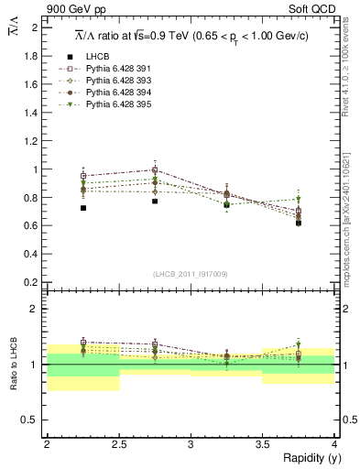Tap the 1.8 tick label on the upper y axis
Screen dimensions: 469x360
31,56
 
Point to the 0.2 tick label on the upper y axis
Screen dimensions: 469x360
31,282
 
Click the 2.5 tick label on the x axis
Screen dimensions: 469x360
119,444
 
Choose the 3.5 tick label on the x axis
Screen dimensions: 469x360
263,444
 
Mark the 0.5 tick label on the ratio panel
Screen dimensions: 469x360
31,420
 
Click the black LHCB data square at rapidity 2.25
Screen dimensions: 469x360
83,208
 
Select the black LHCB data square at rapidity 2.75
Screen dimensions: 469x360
155,201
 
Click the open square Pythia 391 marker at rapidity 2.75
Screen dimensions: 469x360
155,170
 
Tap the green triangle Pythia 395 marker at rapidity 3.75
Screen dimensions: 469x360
299,199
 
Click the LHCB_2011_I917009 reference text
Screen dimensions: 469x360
191,274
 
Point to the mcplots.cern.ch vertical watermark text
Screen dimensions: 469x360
349,220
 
